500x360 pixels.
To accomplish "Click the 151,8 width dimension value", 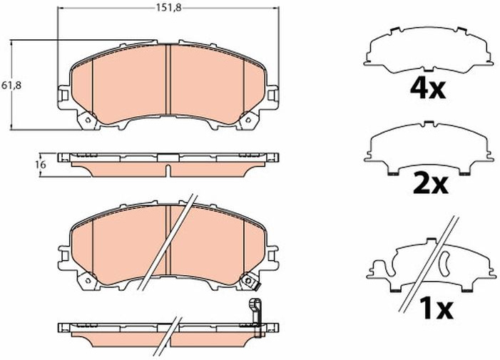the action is coord(168,8).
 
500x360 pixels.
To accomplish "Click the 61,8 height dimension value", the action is coord(11,86).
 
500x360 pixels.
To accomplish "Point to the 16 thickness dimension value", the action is coord(41,165).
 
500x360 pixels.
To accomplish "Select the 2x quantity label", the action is coord(431,184).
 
